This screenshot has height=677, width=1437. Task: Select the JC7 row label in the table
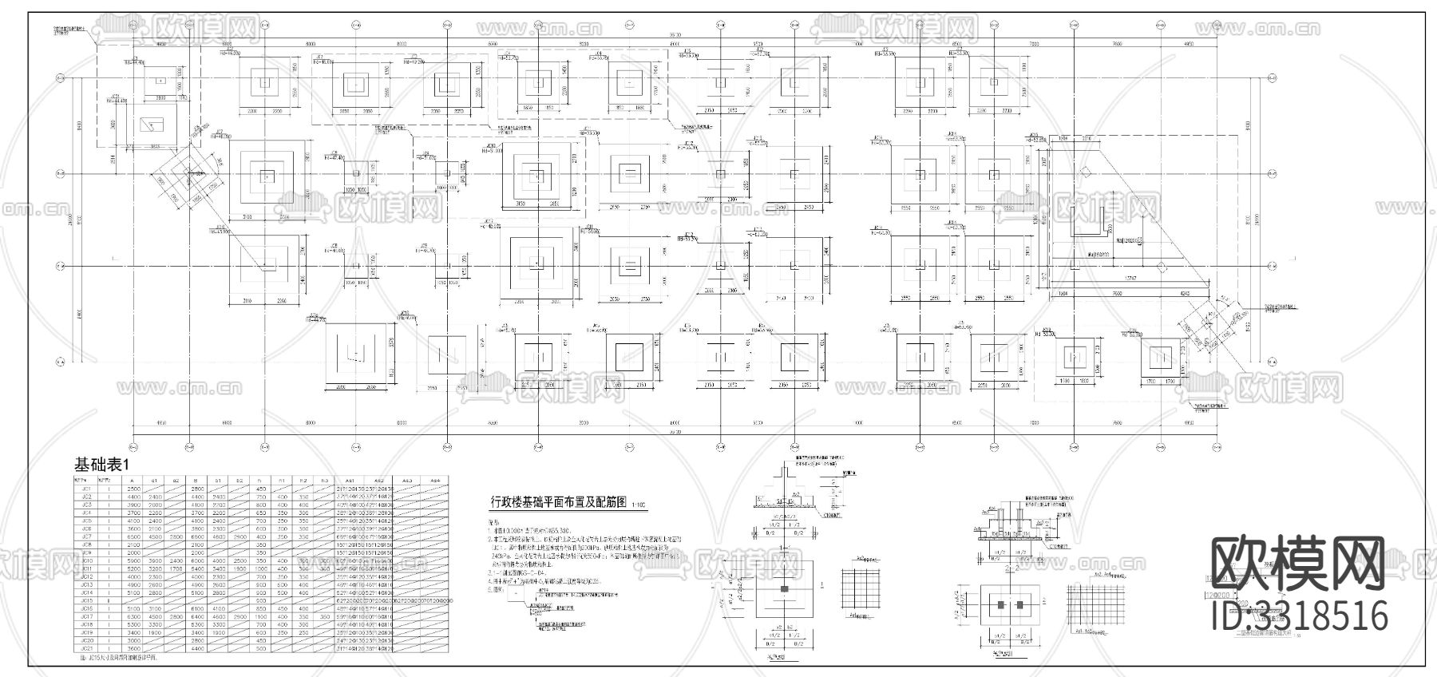coord(86,536)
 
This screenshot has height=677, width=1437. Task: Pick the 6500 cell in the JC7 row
coord(133,536)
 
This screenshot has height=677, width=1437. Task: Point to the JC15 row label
coord(86,600)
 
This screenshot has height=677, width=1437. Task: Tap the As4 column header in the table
coord(435,481)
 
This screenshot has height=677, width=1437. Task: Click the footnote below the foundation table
coord(119,658)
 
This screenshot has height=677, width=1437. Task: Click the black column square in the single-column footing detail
coord(785,589)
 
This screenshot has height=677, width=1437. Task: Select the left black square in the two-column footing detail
coord(1001,605)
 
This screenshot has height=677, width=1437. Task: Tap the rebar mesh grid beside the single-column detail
coord(861,588)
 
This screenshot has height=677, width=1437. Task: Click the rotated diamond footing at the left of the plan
coord(189,170)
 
